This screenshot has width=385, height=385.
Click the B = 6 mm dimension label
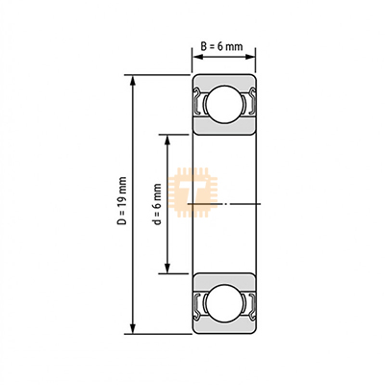221,46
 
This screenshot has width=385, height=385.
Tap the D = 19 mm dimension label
122,200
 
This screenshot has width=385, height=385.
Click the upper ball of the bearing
223,104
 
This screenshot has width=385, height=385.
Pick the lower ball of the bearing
223,303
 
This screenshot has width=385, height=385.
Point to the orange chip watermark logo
192,192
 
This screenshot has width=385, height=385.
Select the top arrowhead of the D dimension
133,81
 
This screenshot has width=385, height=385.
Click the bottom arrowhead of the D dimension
133,328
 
